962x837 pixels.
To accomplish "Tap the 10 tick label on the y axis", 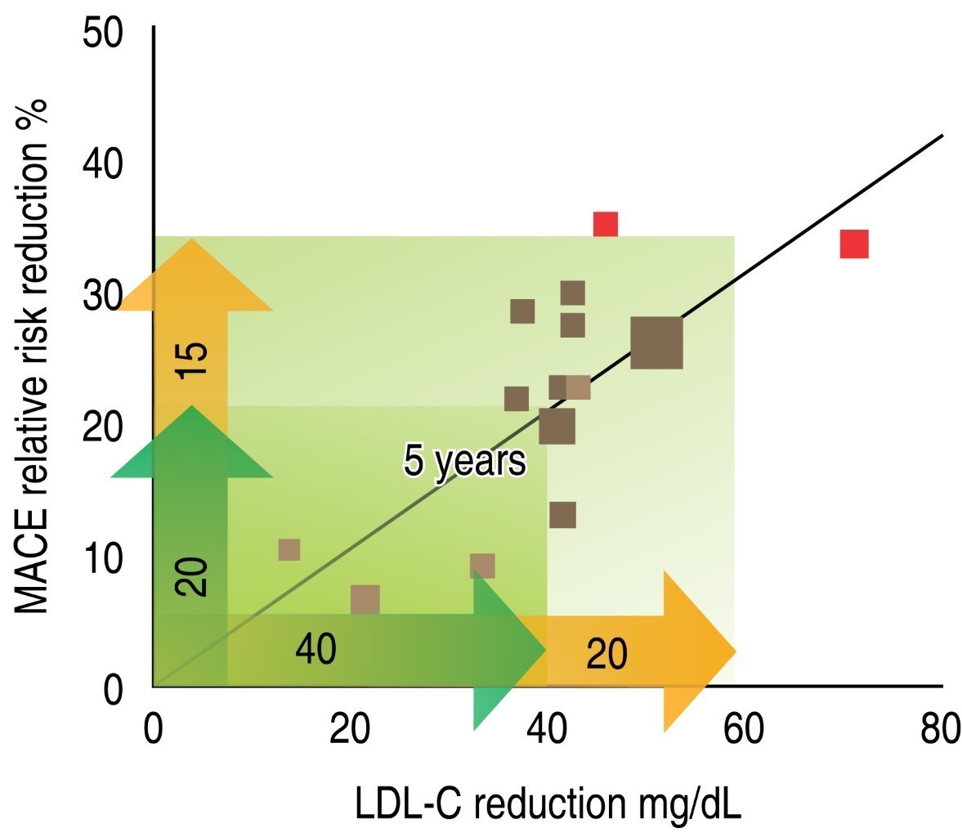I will pyautogui.click(x=103, y=560).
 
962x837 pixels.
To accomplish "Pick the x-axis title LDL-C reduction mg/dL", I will pyautogui.click(x=548, y=804).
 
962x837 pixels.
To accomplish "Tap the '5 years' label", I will pyautogui.click(x=464, y=462).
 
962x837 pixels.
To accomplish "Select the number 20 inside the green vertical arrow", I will pyautogui.click(x=193, y=576).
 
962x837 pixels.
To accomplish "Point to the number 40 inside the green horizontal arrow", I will pyautogui.click(x=315, y=651).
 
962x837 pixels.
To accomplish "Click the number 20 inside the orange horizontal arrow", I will pyautogui.click(x=606, y=655).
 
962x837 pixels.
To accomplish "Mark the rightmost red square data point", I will pyautogui.click(x=853, y=244).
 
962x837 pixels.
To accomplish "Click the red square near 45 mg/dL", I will pyautogui.click(x=605, y=224).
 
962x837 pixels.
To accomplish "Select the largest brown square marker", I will pyautogui.click(x=656, y=343).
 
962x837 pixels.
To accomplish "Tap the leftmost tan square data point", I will pyautogui.click(x=289, y=550).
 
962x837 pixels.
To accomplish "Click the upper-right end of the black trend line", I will pyautogui.click(x=942, y=136).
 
